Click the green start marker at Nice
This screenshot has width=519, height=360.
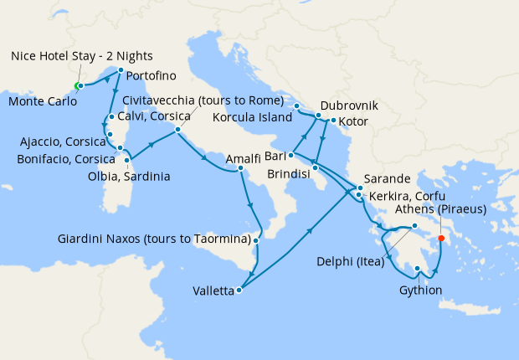click(77, 85)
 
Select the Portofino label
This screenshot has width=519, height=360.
click(152, 75)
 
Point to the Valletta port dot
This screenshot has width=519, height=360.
click(239, 291)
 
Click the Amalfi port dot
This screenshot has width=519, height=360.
click(240, 168)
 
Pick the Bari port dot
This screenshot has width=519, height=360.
click(290, 155)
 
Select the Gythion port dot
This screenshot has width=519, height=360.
click(417, 269)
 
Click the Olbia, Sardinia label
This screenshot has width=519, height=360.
click(129, 177)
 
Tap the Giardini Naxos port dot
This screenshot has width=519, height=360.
click(256, 239)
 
